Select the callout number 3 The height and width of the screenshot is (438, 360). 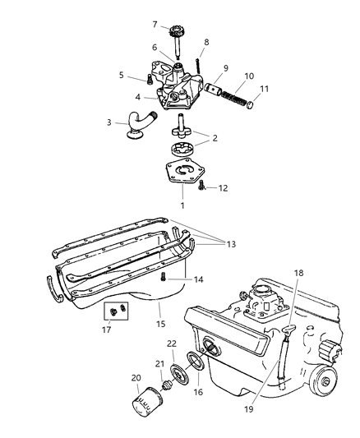pos(108,122)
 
